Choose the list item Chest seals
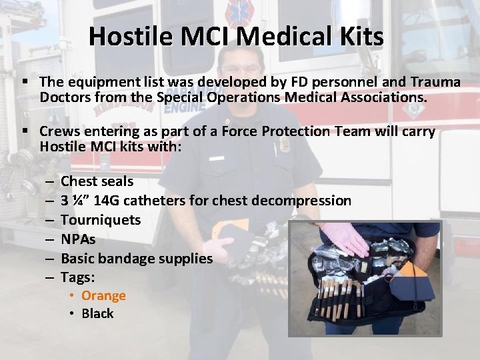click(97, 181)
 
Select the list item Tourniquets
click(101, 220)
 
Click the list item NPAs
click(78, 239)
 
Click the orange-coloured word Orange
click(103, 295)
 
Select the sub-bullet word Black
click(98, 313)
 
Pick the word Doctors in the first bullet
click(65, 97)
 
